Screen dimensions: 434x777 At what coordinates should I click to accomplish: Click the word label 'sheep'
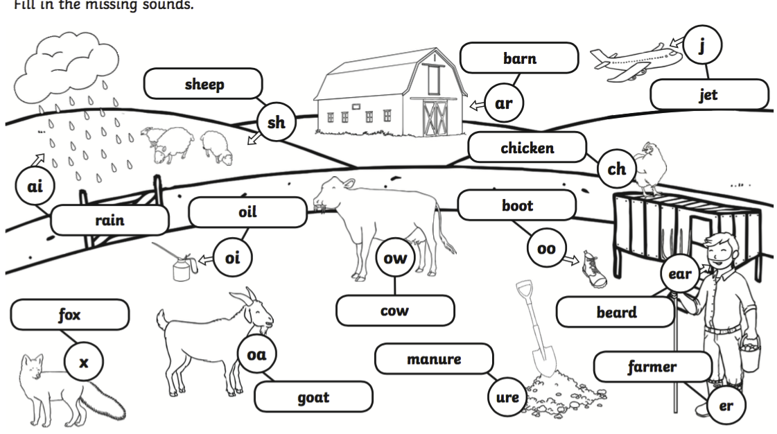click(x=203, y=85)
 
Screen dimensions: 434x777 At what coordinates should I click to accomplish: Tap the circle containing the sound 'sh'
click(x=276, y=123)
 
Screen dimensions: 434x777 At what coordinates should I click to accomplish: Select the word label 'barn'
click(x=519, y=58)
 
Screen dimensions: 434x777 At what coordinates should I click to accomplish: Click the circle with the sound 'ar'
click(x=503, y=103)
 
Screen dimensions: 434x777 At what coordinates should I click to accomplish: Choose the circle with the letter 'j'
click(x=701, y=46)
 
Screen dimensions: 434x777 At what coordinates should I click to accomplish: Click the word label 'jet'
click(x=708, y=95)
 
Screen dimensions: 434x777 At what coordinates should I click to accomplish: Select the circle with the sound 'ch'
click(x=616, y=169)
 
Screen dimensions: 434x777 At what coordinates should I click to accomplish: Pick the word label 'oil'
click(x=247, y=212)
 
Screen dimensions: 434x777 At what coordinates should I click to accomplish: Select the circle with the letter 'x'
click(x=85, y=362)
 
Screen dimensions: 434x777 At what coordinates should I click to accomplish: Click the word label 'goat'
click(x=313, y=398)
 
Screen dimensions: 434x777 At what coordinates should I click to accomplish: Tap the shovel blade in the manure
click(x=545, y=358)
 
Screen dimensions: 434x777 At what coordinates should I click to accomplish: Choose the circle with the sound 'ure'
click(x=508, y=397)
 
